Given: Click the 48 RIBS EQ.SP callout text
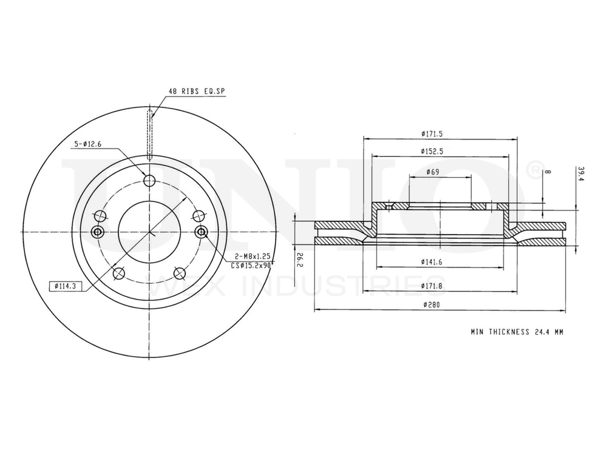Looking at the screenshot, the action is tap(196, 92).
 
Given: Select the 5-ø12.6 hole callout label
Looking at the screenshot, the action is tap(88, 144).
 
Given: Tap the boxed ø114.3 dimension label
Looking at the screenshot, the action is tap(65, 286).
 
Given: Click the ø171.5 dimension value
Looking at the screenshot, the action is tap(432, 134).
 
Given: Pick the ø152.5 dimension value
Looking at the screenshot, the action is tap(432, 151).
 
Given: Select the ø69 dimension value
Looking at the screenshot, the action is tap(433, 172).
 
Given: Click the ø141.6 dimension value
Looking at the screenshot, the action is tap(432, 262).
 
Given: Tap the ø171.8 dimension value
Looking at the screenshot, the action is tap(432, 286).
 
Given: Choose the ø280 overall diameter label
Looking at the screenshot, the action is tap(432, 305).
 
